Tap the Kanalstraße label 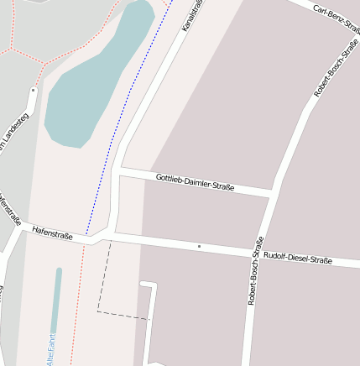194,14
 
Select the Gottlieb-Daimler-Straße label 195,181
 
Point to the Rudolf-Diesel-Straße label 298,258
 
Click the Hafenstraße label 52,233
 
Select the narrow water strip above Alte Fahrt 56,298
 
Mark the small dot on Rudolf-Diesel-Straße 199,246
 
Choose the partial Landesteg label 13,134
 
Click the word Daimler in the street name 200,182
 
